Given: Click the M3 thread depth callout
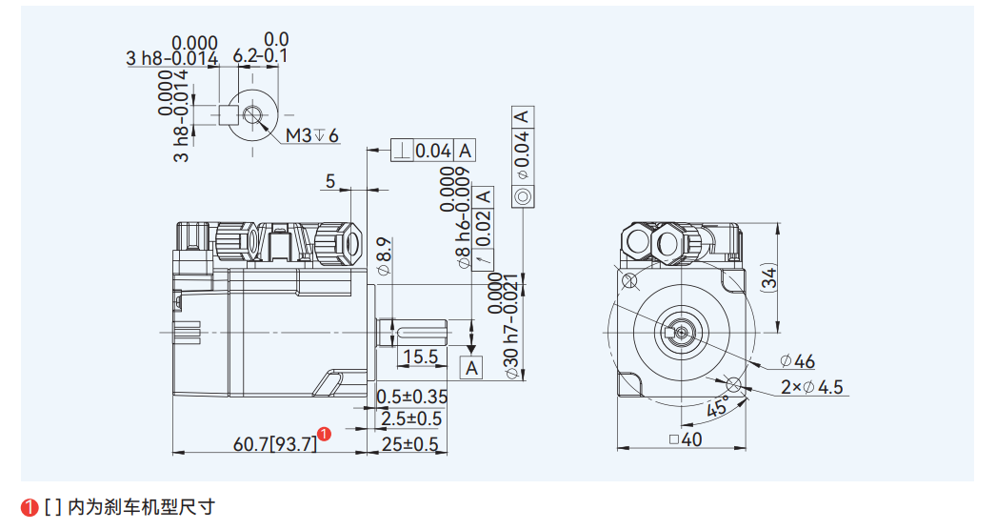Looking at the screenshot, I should [x=313, y=135].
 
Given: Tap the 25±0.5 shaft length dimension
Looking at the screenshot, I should [x=410, y=444].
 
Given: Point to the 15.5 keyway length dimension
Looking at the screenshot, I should [x=419, y=357].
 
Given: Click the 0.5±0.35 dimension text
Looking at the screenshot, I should [x=411, y=397].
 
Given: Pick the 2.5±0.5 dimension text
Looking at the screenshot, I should [x=411, y=418].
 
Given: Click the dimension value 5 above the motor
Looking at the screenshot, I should [x=330, y=180].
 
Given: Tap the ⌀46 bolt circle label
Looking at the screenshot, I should [x=797, y=361].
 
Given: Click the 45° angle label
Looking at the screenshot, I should [x=719, y=407].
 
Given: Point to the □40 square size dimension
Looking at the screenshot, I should [x=686, y=439].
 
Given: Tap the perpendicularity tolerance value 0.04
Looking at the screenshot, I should [x=433, y=151].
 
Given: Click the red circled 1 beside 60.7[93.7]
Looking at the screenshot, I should [x=325, y=435].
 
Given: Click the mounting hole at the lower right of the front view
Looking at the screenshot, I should [x=733, y=383].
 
